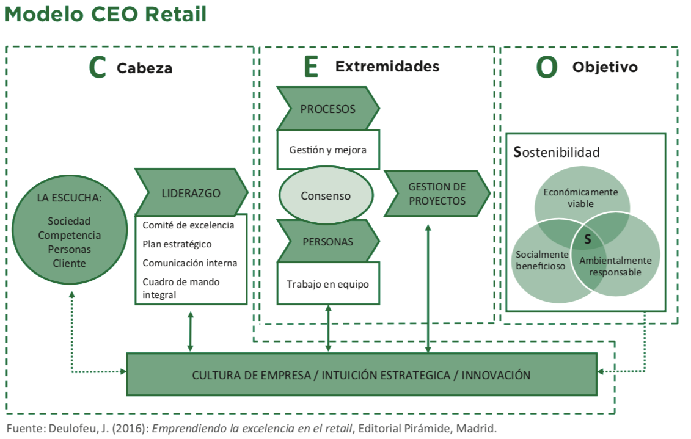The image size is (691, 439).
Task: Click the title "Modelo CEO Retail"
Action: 106,15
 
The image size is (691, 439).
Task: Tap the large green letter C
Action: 98,67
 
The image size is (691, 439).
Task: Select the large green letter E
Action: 311,67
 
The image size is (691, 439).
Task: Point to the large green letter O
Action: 547,67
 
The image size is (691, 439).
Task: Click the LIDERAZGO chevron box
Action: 191,193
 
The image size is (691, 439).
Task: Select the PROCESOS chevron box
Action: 327,109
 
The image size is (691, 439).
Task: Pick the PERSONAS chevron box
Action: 327,241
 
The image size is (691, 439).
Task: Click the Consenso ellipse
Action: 326,196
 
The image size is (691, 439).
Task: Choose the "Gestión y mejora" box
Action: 327,149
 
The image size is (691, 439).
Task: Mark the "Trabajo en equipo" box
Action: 327,284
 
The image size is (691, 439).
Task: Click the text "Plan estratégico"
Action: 177,244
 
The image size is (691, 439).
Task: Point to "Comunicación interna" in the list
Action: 189,263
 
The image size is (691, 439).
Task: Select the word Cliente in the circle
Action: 69,263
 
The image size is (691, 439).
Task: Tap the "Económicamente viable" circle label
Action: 580,198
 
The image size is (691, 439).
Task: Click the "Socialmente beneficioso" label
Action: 541,260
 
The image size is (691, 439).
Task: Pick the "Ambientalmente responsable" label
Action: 615,266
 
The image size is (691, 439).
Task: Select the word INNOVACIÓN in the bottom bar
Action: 496,375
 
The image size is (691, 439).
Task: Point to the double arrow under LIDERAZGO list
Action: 191,331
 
